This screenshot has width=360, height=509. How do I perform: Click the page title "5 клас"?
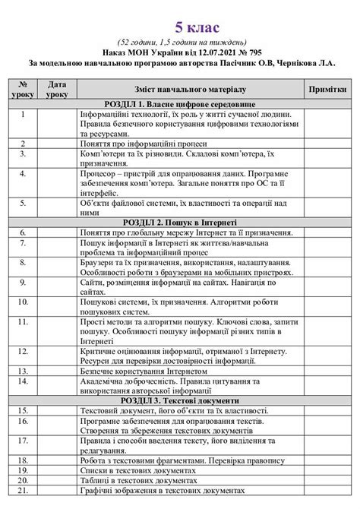point(180,27)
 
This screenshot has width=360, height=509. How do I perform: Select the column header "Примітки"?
point(327,90)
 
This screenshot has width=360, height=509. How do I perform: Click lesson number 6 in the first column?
point(24,231)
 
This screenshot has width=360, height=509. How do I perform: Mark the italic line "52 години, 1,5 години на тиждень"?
point(180,43)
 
